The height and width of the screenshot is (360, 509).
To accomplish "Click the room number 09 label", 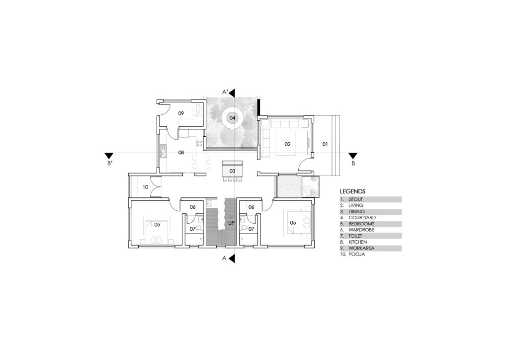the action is (x=181, y=113).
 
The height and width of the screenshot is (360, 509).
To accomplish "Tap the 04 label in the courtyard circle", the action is (x=232, y=117).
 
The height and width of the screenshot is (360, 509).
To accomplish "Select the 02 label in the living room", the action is (x=288, y=144).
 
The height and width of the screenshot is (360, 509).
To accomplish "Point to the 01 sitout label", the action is (x=325, y=144).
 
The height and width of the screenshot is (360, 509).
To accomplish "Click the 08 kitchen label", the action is (x=181, y=152).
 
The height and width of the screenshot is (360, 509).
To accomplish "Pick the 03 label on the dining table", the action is (x=232, y=171).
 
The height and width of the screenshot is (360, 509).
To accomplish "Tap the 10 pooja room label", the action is (x=146, y=187).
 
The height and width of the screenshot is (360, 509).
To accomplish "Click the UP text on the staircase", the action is (x=231, y=223).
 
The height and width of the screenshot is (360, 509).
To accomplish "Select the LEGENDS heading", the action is (x=352, y=191).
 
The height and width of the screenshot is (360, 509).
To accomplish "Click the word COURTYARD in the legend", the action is (x=362, y=217).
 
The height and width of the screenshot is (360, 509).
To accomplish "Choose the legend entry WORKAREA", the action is (x=362, y=248).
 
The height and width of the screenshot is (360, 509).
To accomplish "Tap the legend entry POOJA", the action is (x=357, y=255).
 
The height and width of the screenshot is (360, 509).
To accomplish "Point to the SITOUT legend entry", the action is (x=356, y=199).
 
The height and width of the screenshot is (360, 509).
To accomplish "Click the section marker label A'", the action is (x=225, y=92).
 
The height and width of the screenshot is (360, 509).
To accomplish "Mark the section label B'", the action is (x=110, y=163).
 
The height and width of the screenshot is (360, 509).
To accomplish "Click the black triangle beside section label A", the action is (x=232, y=259).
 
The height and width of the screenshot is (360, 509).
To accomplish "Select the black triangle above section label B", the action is (x=353, y=156).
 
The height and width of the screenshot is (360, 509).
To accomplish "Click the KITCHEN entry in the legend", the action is (x=358, y=242).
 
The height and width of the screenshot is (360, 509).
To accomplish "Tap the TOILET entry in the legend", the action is (x=355, y=236).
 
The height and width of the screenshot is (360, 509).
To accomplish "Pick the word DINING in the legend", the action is (x=356, y=212).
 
